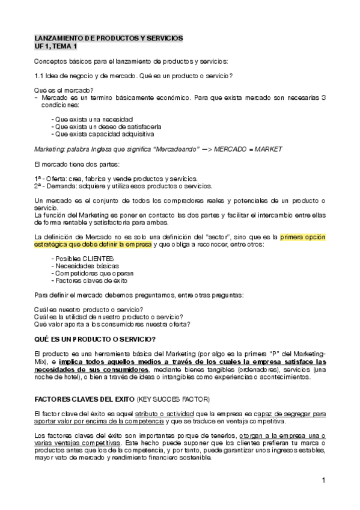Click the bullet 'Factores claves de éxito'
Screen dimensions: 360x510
click(x=90, y=280)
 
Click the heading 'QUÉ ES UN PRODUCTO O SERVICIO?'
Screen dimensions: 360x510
click(x=96, y=339)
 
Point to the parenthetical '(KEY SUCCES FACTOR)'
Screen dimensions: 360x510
click(x=173, y=399)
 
